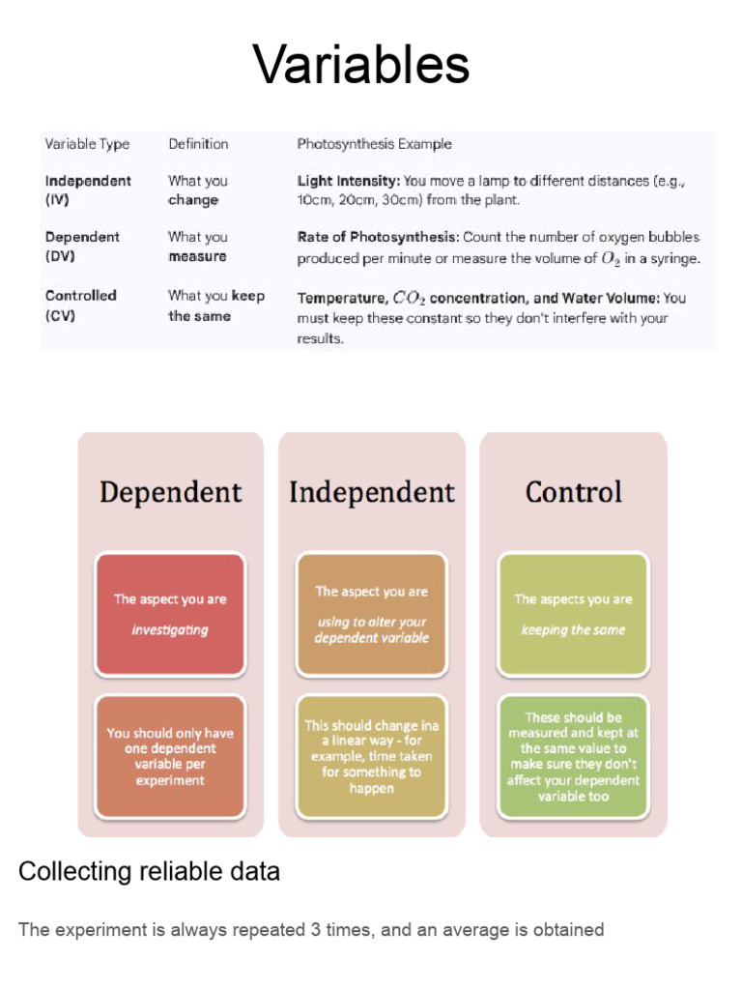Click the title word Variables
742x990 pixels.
point(361,66)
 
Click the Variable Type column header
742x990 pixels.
point(87,144)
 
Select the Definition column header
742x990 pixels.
point(198,144)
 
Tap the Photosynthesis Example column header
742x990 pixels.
point(374,144)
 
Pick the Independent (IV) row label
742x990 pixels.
point(88,190)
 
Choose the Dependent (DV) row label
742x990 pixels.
point(82,247)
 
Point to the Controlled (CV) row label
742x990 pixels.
point(80,306)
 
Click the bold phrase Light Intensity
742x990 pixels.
point(348,181)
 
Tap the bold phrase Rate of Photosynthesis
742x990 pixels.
point(378,237)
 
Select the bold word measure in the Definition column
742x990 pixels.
point(197,257)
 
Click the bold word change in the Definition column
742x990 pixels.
point(193,201)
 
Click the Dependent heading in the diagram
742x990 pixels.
point(170,492)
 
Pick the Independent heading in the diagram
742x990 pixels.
point(372,492)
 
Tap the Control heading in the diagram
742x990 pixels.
point(573,492)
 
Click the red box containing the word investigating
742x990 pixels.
point(170,614)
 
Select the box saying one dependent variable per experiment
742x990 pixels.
point(170,756)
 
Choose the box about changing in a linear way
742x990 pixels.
point(372,756)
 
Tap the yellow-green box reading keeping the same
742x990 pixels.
point(573,614)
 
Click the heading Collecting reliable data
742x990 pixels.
point(149,872)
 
